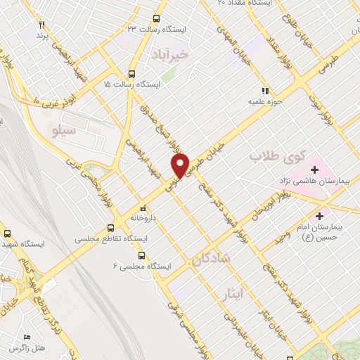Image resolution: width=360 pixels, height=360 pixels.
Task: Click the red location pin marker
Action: point(182,166)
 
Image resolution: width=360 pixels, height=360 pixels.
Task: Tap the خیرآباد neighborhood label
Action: point(170,53)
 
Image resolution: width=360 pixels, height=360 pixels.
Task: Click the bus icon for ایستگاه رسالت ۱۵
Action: point(131,74)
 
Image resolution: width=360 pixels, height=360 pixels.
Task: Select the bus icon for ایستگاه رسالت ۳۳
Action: point(155,19)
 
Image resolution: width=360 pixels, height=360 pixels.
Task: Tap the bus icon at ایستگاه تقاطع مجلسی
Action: point(110,228)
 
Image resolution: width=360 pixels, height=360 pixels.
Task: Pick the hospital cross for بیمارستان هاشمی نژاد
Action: point(314,169)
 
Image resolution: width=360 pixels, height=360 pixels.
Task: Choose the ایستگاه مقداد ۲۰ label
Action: point(263,4)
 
